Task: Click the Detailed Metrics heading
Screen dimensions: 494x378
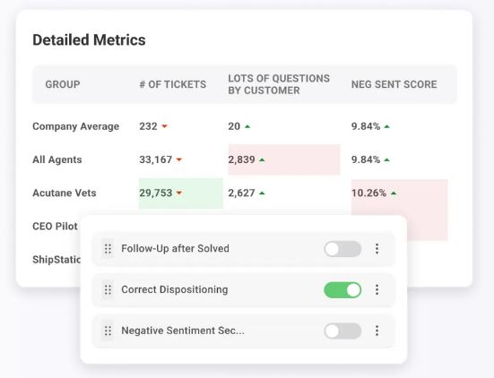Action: coord(89,40)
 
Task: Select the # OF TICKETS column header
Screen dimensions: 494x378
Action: coord(173,84)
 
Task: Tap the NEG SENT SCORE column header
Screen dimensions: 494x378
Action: coord(394,84)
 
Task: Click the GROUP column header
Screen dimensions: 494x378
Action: coord(63,84)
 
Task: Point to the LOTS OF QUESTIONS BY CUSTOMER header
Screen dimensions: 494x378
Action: coord(279,84)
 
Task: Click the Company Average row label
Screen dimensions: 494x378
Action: coord(76,126)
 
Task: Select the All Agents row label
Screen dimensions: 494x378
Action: coord(57,159)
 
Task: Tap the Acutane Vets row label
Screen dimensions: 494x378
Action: coord(65,193)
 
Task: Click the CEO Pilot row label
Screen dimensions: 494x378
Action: coord(55,226)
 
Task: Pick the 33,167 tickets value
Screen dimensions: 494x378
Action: coord(156,159)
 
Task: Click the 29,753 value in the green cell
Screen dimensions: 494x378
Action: coord(156,193)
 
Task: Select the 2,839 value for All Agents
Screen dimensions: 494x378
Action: coord(241,159)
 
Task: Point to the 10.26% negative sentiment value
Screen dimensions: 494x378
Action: coord(368,193)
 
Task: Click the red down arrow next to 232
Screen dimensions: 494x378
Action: coord(164,126)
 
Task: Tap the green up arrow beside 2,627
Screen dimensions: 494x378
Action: coord(262,193)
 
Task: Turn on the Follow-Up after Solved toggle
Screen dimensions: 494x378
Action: coord(342,249)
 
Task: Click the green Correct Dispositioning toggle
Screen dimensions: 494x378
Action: coord(342,290)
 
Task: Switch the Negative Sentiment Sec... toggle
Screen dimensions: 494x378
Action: coord(342,331)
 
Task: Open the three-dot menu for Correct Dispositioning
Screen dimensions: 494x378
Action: coord(377,289)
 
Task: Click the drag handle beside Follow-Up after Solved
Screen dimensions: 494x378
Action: coord(108,249)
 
